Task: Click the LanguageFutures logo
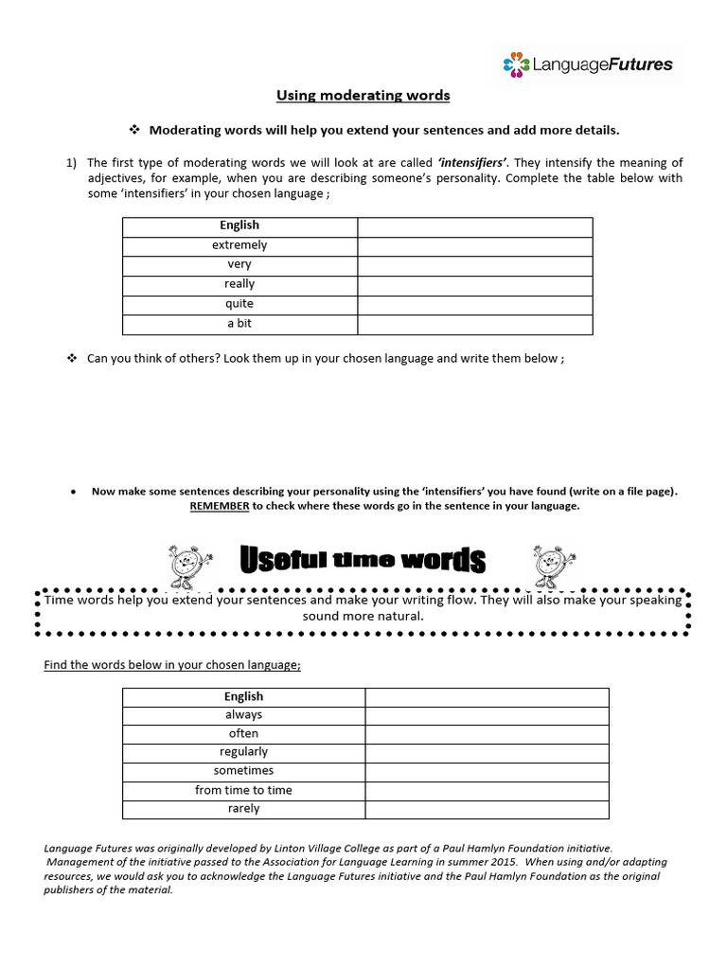click(588, 64)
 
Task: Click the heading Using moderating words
click(363, 95)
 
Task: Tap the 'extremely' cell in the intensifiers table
click(239, 245)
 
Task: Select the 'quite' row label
click(239, 304)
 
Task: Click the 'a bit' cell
click(239, 324)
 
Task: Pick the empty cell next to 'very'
click(474, 265)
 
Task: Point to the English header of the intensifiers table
click(239, 225)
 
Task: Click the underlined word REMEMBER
click(220, 506)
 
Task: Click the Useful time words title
click(363, 561)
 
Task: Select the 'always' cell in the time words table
click(243, 715)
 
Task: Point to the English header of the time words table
click(243, 696)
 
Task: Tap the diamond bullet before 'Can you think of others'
click(71, 359)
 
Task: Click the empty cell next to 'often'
click(487, 734)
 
